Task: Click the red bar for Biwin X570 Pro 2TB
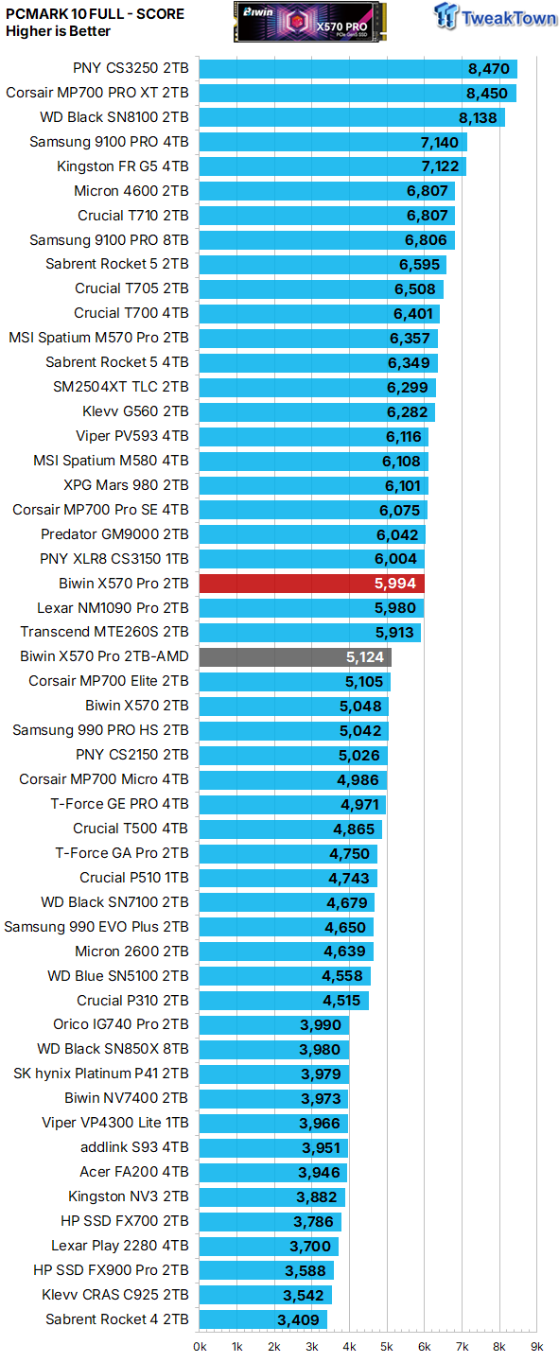[312, 584]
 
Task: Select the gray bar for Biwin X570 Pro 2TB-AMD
[295, 656]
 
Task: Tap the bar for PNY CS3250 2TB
[358, 68]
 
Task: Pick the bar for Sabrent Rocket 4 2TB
[263, 1319]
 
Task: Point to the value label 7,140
[439, 142]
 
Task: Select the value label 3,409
[300, 1319]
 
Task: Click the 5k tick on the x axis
[387, 1346]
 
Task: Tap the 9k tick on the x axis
[536, 1346]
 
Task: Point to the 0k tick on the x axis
[201, 1346]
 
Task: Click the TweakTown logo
[495, 17]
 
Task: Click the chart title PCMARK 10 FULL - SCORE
[95, 14]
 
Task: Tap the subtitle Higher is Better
[58, 31]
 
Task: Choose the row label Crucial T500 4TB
[131, 829]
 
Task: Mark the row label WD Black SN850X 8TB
[113, 1050]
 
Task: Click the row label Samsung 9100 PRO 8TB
[109, 240]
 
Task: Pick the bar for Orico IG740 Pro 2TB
[274, 1025]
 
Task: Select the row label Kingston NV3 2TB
[128, 1196]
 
